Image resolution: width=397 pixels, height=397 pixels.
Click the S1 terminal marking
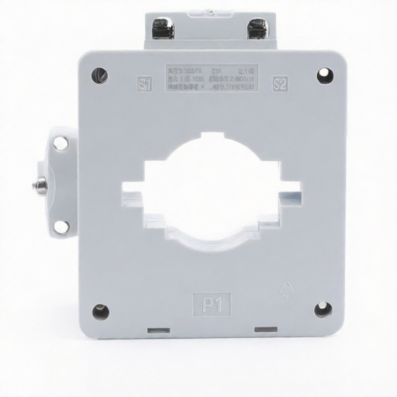tap(144, 84)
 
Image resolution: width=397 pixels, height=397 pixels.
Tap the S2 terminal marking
tap(280, 84)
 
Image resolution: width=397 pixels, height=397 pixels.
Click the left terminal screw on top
tap(164, 29)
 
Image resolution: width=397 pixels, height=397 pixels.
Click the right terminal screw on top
tap(257, 29)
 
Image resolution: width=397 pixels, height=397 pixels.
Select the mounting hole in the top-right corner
tap(323, 75)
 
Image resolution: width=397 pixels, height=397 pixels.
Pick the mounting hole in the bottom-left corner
tap(100, 312)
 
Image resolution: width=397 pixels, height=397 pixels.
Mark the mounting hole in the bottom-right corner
tap(323, 310)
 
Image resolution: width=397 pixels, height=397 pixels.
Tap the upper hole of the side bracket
tap(60, 143)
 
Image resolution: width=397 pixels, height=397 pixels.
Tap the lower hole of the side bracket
tap(60, 226)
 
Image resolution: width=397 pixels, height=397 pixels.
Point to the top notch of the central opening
tap(211, 140)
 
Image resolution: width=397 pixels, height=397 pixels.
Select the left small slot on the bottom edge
tap(159, 330)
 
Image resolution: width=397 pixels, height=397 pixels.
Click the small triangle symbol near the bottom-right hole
tap(285, 292)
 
